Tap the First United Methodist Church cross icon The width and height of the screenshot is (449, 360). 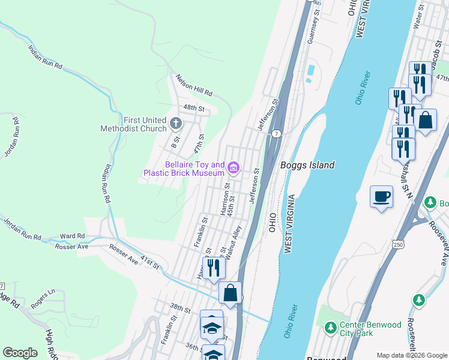click(x=176, y=124)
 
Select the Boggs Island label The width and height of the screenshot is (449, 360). click(x=307, y=165)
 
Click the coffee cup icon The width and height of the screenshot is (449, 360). click(x=382, y=196)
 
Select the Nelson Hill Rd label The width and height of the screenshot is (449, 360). click(x=194, y=85)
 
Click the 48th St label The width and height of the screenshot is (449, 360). click(x=194, y=109)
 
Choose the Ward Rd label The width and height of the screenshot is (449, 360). click(x=72, y=236)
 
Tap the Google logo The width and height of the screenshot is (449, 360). click(x=20, y=353)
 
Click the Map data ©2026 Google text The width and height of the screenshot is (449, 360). click(x=411, y=355)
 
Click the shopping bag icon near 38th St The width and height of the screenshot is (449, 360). click(x=230, y=293)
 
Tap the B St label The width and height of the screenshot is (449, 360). click(x=175, y=143)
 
